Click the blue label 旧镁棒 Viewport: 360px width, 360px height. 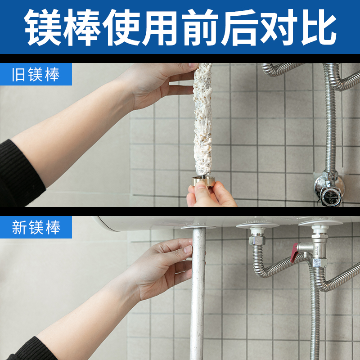(36, 75)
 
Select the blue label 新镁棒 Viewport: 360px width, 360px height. (36, 228)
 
